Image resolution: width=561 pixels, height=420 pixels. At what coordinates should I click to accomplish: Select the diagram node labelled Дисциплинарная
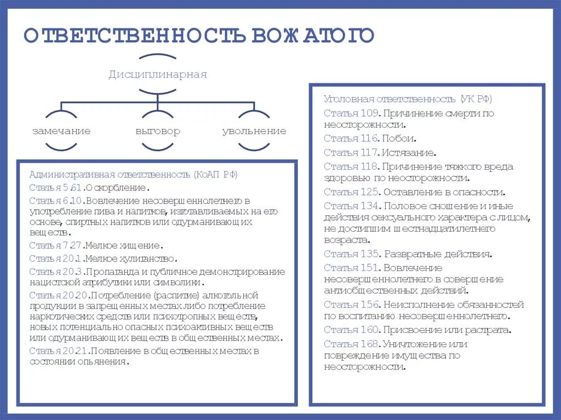157,74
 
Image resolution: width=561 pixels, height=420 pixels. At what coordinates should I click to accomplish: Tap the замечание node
61,131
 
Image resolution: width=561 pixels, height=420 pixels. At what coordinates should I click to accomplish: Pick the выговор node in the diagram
157,131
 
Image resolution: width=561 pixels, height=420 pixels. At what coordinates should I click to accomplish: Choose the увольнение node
254,131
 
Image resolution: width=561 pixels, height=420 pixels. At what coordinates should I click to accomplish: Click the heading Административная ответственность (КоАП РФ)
134,175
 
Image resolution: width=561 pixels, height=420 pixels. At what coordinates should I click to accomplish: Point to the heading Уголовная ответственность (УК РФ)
408,99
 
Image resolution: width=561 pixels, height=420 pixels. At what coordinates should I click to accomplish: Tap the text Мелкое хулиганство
130,258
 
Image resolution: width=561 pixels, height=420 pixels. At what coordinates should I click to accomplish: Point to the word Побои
399,138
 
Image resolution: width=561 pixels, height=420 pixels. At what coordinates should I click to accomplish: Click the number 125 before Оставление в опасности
369,192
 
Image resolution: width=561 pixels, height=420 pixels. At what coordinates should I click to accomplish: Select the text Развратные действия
438,254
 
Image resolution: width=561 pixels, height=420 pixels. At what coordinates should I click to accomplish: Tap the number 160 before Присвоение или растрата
369,330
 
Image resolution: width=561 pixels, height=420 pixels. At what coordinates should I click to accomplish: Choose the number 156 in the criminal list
369,304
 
